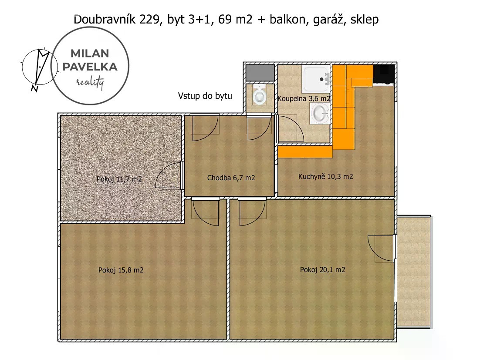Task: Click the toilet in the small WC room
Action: tap(260, 94)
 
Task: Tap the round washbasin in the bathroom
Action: tap(320, 113)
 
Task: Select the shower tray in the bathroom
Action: tap(316, 79)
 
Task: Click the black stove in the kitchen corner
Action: tap(383, 74)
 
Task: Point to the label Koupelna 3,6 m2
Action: tap(304, 98)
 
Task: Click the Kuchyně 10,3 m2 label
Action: tap(325, 176)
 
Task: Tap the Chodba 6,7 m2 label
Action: tap(231, 178)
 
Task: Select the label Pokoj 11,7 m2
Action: tap(119, 179)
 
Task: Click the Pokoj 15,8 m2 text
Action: tap(121, 270)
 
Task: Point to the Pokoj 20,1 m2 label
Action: tap(322, 270)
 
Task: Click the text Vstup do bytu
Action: tap(205, 96)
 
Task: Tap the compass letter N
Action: tap(34, 88)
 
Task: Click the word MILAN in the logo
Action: tap(90, 54)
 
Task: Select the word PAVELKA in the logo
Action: tap(90, 67)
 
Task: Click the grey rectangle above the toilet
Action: tap(260, 73)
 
